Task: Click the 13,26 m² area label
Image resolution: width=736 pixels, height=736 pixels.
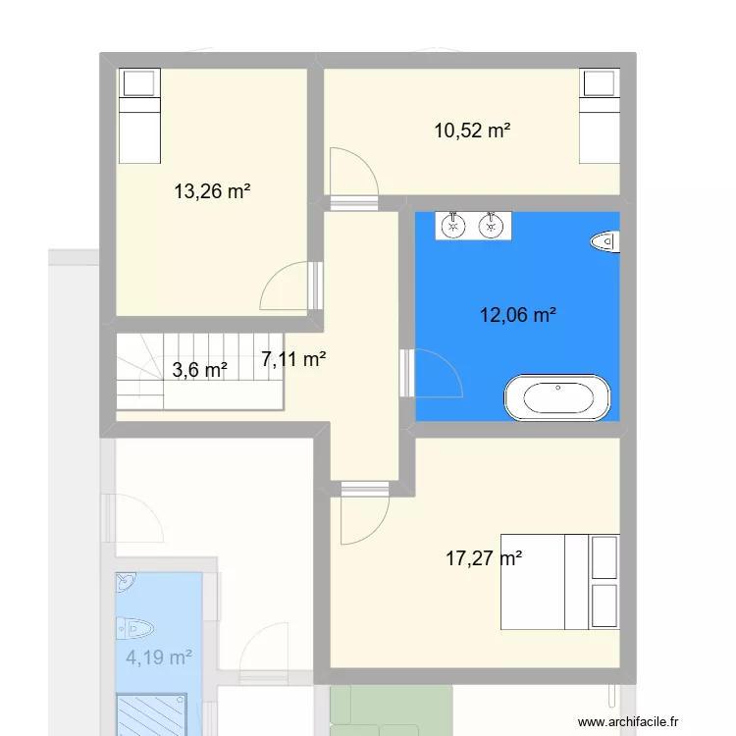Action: click(x=212, y=191)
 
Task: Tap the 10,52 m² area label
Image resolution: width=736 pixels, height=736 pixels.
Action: click(x=472, y=130)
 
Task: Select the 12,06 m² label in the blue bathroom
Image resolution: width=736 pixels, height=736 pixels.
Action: click(x=518, y=315)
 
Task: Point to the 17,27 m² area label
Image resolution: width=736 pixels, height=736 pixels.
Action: click(x=484, y=558)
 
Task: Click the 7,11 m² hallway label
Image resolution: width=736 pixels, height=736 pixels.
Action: click(x=294, y=359)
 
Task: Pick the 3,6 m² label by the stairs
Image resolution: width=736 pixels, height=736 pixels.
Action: click(x=200, y=370)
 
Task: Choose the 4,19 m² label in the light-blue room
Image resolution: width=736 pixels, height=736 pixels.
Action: click(x=158, y=657)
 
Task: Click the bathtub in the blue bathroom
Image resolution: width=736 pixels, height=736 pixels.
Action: click(x=557, y=397)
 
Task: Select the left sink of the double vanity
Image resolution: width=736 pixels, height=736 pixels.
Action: click(x=453, y=226)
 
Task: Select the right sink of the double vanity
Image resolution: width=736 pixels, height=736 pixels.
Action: click(x=491, y=226)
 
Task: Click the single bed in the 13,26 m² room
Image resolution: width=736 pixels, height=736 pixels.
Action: click(x=138, y=116)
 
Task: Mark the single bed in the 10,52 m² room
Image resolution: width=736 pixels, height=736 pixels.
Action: click(x=600, y=116)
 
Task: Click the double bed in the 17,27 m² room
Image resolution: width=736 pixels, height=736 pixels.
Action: click(x=560, y=581)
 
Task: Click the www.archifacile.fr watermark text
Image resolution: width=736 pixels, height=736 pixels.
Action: click(x=629, y=721)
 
